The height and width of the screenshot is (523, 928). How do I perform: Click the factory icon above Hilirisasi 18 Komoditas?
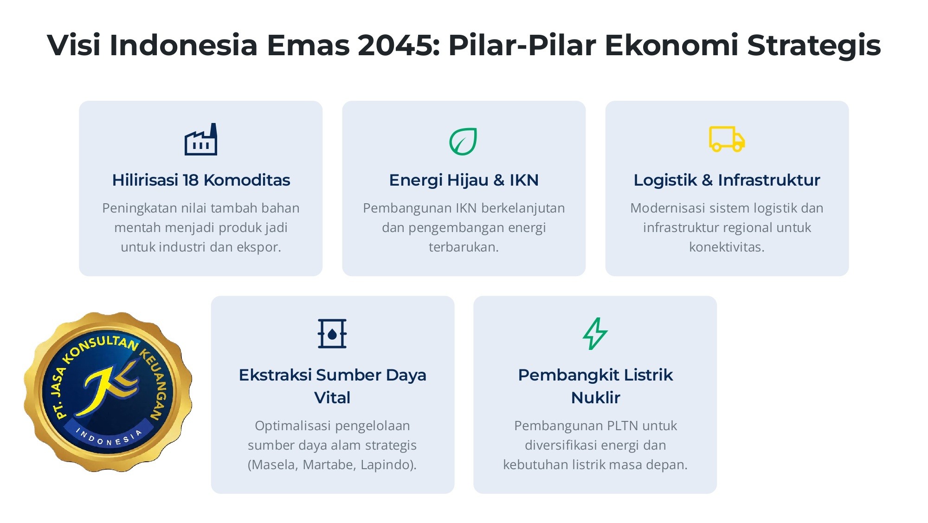pyautogui.click(x=201, y=139)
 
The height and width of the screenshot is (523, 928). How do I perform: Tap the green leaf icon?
pyautogui.click(x=463, y=142)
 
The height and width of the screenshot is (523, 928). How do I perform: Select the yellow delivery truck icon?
pyautogui.click(x=727, y=139)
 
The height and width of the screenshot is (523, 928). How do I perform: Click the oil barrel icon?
pyautogui.click(x=332, y=334)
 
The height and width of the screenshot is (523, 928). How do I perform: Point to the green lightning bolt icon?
pyautogui.click(x=595, y=334)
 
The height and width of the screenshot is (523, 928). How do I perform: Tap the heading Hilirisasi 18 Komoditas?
pyautogui.click(x=201, y=180)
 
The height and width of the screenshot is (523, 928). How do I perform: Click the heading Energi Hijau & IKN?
pyautogui.click(x=464, y=180)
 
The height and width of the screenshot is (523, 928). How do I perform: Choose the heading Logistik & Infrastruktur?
pyautogui.click(x=727, y=180)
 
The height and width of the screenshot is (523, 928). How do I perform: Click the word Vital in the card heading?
pyautogui.click(x=332, y=398)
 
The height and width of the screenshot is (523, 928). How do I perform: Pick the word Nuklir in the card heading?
pyautogui.click(x=595, y=398)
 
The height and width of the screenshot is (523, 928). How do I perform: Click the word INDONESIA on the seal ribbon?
pyautogui.click(x=110, y=437)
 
